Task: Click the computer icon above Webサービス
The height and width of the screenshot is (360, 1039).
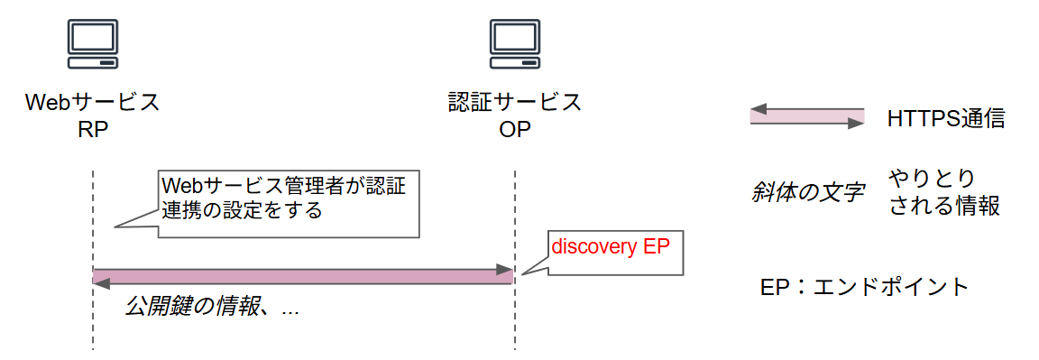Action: (93, 43)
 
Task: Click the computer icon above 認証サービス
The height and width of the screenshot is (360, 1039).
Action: (514, 43)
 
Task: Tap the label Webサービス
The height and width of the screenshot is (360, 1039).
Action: (93, 103)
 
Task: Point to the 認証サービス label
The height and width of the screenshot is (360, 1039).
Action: (515, 103)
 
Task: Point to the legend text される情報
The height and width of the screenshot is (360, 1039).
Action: (944, 207)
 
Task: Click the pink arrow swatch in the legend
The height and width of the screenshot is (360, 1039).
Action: (807, 116)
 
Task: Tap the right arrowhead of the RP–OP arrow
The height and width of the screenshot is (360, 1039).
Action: (506, 269)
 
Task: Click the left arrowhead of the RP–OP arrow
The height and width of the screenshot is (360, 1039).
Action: (101, 283)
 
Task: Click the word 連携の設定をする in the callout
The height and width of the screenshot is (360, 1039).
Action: (241, 211)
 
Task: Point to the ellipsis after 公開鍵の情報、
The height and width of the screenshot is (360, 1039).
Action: (290, 313)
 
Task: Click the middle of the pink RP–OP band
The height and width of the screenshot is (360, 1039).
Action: (303, 276)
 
